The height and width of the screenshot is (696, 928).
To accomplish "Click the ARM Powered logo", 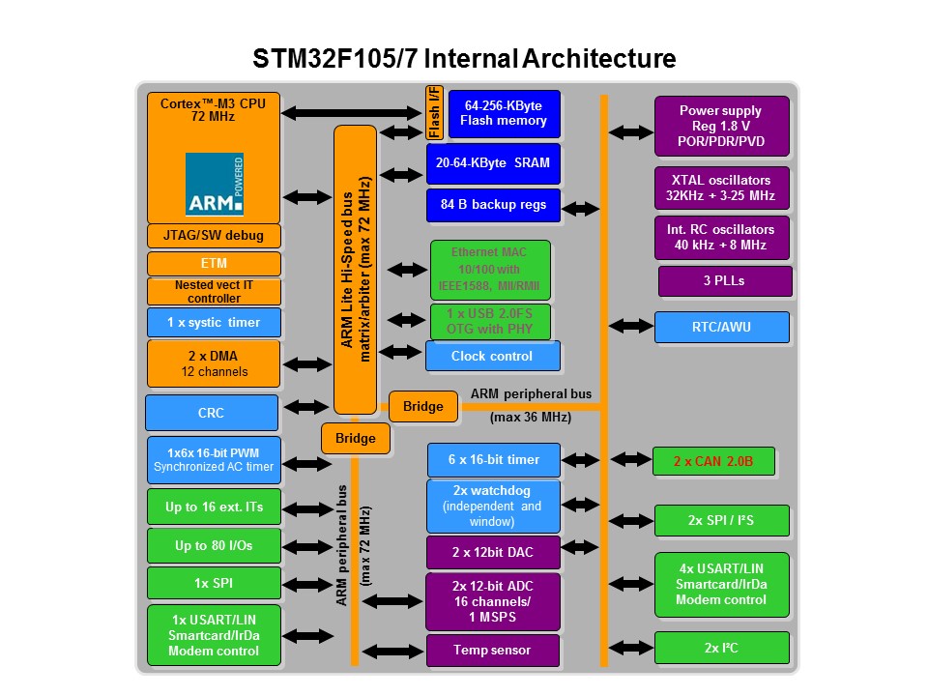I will [214, 184].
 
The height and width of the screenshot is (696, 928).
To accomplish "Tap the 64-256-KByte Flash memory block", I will [503, 113].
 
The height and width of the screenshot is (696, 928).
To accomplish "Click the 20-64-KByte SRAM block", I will [493, 163].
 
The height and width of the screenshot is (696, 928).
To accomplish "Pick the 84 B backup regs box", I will [493, 205].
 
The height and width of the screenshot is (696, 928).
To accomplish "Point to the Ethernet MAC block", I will [489, 270].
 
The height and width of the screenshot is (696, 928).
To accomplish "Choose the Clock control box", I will [492, 356].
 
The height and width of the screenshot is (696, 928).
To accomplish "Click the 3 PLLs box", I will [724, 281].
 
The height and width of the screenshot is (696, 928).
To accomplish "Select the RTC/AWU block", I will [721, 327].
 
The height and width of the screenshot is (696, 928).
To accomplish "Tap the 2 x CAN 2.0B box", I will [714, 461].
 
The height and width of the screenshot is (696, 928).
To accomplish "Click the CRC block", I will [212, 413].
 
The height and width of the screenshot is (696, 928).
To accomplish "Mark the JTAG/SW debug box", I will [214, 235].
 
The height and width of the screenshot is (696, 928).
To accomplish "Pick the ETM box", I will [214, 263].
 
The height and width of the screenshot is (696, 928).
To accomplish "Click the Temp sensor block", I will [493, 650].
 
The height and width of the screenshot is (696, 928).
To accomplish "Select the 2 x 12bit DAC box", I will [493, 552].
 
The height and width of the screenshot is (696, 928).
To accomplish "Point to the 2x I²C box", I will [721, 648].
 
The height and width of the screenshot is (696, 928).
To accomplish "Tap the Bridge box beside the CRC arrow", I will [422, 407].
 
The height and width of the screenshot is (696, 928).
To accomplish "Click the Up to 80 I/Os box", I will [214, 545].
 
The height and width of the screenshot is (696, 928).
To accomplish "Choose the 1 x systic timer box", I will [214, 322].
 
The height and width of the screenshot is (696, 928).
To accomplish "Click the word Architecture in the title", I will [599, 58].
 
